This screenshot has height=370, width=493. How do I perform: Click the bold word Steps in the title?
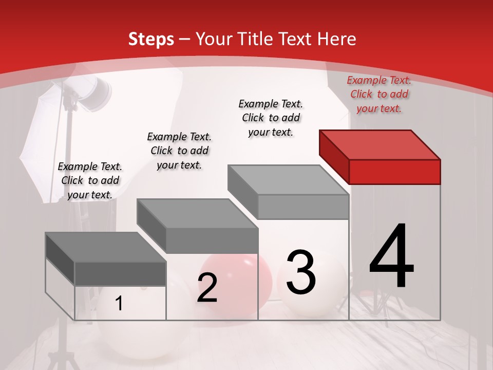tap(151, 39)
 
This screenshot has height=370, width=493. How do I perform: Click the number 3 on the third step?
tap(301, 272)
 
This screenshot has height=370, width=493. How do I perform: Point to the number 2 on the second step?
tap(207, 288)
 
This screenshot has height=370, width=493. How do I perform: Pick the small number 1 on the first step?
tap(119, 303)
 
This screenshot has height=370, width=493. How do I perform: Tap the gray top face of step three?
tap(288, 180)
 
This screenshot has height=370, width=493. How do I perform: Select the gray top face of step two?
tap(197, 213)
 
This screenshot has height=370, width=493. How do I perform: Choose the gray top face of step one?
tap(106, 247)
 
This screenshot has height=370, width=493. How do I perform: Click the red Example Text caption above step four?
tap(379, 94)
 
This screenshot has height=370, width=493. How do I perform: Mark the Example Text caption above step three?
tap(271, 118)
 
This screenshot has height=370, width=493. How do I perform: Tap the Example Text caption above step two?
tap(179, 151)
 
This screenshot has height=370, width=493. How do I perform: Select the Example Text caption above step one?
tap(90, 180)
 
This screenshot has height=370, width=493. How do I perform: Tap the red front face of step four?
tap(394, 172)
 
